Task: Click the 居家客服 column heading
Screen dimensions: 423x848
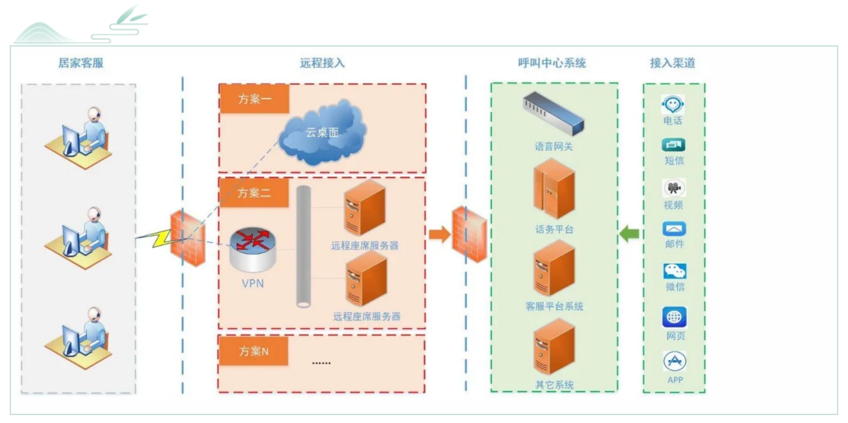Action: pos(81,63)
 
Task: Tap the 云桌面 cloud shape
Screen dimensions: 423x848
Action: pos(322,133)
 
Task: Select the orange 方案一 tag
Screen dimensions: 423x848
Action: pos(254,99)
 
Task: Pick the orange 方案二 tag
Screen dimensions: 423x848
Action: pos(254,193)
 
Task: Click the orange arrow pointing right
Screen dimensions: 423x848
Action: pos(439,234)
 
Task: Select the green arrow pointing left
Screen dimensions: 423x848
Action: pos(629,233)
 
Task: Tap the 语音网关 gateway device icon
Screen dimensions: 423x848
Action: pos(553,114)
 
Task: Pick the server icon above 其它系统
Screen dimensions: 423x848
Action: pos(554,346)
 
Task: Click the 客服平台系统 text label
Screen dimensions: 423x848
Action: pos(554,306)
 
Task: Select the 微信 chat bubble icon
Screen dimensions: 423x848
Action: pos(674,271)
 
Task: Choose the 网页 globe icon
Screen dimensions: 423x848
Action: pos(674,318)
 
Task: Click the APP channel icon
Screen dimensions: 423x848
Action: pos(674,361)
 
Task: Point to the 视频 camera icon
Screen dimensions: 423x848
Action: pos(674,188)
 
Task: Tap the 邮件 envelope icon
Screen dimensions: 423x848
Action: pos(674,230)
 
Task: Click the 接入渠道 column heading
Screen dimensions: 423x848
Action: pos(672,63)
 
